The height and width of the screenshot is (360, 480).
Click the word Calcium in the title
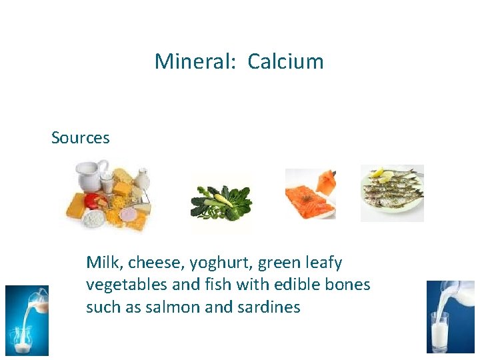(x=285, y=62)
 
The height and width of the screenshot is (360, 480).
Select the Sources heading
(x=80, y=138)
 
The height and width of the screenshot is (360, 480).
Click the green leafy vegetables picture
(x=222, y=203)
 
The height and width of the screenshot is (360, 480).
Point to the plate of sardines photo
(x=392, y=193)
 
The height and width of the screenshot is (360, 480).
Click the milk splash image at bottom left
(x=27, y=319)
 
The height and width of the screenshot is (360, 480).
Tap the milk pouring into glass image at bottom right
(x=451, y=316)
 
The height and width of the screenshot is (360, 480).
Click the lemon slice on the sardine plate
(x=381, y=175)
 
